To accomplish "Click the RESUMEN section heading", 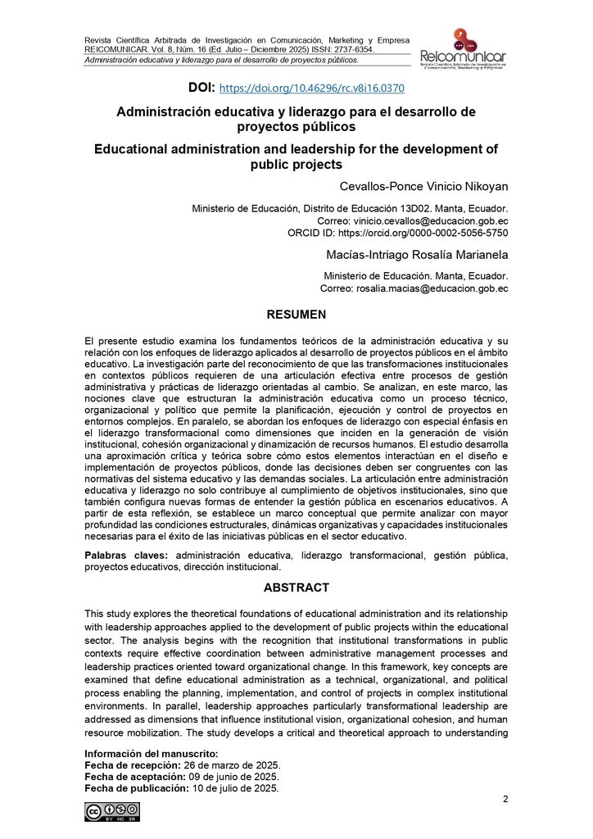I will pos(296,315).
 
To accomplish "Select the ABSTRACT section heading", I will pos(296,587).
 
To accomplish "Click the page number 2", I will pos(505,800).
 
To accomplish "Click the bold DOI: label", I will pos(201,87).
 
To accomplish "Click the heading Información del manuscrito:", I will pos(152,753).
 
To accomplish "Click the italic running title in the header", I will pos(222,60).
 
